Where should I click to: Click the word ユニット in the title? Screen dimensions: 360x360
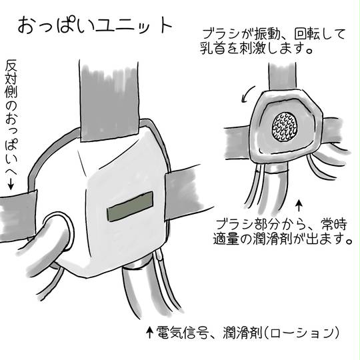point(133,26)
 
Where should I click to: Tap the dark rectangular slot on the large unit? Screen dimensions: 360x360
point(130,207)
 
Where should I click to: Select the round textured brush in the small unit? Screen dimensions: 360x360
point(285,127)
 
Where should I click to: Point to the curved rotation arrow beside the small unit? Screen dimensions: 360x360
point(248,94)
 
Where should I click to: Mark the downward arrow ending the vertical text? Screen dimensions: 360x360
point(11,184)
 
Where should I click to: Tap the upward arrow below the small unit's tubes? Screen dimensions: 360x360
point(299,205)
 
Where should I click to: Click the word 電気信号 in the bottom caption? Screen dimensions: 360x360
point(183,332)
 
